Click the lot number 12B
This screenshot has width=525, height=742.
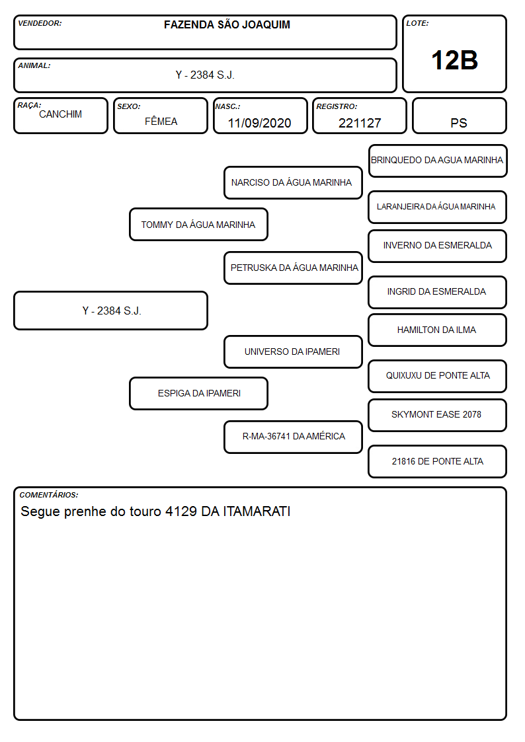pyautogui.click(x=454, y=61)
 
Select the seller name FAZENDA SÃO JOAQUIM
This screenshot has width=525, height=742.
pyautogui.click(x=227, y=24)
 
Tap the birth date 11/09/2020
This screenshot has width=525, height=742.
pyautogui.click(x=259, y=123)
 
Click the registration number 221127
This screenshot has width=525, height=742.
pyautogui.click(x=360, y=123)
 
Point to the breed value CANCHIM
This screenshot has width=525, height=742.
pyautogui.click(x=61, y=114)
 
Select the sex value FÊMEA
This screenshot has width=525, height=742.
pyautogui.click(x=161, y=121)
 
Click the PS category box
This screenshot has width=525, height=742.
pyautogui.click(x=459, y=116)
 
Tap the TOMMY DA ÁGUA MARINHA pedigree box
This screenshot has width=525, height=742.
pyautogui.click(x=198, y=224)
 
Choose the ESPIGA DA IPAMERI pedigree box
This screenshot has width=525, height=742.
pyautogui.click(x=198, y=393)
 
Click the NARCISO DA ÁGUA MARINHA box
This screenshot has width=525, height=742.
pyautogui.click(x=293, y=182)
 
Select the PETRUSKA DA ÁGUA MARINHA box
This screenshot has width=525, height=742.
pyautogui.click(x=293, y=268)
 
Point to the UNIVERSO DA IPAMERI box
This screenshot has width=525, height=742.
pyautogui.click(x=293, y=352)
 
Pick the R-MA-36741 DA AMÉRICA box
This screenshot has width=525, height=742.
pyautogui.click(x=293, y=437)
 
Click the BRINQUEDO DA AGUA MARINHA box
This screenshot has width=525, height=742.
pyautogui.click(x=438, y=161)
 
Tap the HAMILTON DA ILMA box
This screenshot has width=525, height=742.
pyautogui.click(x=438, y=330)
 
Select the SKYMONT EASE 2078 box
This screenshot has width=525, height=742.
pyautogui.click(x=438, y=415)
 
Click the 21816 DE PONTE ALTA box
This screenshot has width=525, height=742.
pyautogui.click(x=438, y=461)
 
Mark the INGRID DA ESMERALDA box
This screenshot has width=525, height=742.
pyautogui.click(x=438, y=292)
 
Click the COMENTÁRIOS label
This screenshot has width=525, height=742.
pyautogui.click(x=49, y=495)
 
